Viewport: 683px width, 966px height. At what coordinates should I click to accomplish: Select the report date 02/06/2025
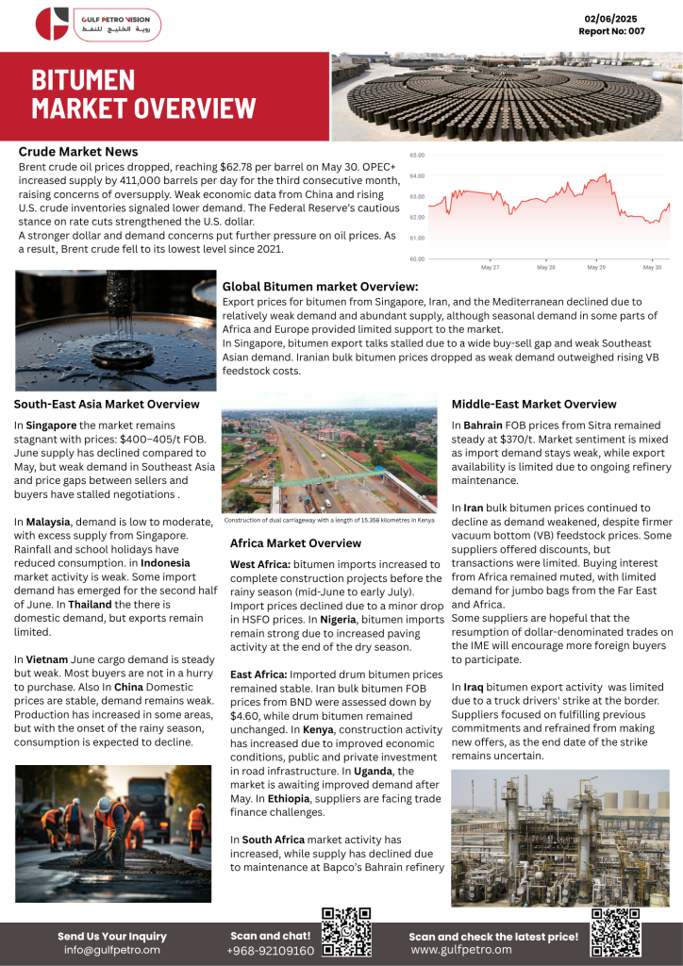click(x=610, y=19)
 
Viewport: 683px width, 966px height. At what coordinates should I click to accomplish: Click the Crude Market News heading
click(x=78, y=151)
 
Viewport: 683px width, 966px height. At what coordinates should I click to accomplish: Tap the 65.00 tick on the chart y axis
click(x=417, y=155)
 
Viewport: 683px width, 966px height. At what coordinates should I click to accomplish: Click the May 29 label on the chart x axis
click(x=596, y=268)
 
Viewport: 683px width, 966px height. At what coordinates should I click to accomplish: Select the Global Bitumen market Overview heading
click(x=320, y=287)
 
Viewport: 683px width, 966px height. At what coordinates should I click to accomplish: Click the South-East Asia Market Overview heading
click(x=107, y=404)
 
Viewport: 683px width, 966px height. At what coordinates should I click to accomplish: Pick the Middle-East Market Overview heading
click(x=533, y=404)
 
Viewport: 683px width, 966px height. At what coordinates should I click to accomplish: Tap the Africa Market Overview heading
click(x=295, y=543)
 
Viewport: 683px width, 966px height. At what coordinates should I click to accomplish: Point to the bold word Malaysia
click(x=48, y=522)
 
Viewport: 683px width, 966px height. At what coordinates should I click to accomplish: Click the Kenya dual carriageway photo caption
click(x=328, y=520)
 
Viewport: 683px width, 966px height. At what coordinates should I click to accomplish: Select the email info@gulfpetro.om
click(x=111, y=950)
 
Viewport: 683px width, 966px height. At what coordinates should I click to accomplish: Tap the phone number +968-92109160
click(x=270, y=951)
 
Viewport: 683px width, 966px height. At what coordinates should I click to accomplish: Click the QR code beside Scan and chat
click(x=346, y=933)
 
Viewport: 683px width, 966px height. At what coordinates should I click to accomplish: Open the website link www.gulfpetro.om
click(x=460, y=950)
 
